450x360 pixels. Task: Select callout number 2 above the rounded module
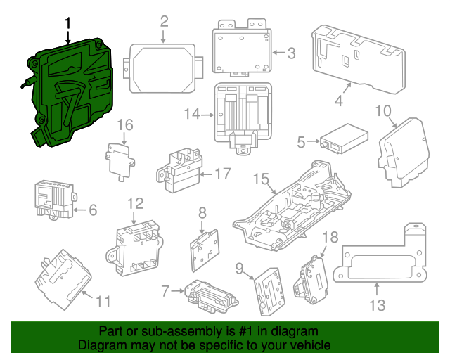[164, 21]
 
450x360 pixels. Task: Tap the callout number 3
[292, 52]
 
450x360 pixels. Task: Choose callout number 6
[93, 209]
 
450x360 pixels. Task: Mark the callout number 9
[239, 267]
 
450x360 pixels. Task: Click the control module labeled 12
[136, 246]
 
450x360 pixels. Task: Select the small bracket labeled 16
[120, 157]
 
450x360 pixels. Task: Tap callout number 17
[222, 174]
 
